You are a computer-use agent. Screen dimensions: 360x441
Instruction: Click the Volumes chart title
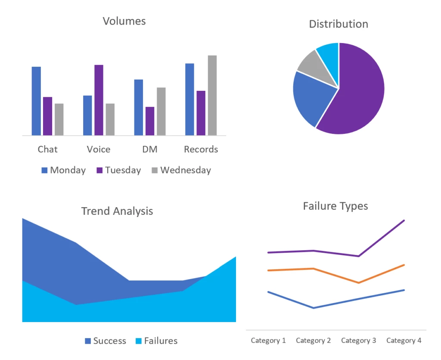124,21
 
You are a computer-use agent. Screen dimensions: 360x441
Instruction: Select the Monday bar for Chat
36,101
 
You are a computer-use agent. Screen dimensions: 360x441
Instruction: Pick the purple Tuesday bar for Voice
99,100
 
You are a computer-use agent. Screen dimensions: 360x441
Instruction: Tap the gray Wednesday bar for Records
212,95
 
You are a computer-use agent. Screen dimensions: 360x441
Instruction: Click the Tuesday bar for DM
149,121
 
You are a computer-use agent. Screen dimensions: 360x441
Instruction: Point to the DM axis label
149,149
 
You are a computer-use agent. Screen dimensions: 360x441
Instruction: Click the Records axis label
201,149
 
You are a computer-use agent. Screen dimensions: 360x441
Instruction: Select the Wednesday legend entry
181,170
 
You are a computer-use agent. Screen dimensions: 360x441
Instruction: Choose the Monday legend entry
63,170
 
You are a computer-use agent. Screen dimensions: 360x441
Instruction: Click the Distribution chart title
339,24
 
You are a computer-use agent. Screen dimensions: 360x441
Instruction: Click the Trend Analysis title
117,211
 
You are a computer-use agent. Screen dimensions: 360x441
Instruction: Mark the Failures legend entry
156,341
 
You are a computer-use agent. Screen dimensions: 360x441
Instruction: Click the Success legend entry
105,341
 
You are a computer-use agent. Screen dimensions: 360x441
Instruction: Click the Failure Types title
335,206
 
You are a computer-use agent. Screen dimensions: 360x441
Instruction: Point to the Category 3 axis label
358,341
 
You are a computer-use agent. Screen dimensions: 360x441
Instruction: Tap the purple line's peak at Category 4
404,220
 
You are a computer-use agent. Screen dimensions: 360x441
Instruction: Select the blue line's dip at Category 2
313,308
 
